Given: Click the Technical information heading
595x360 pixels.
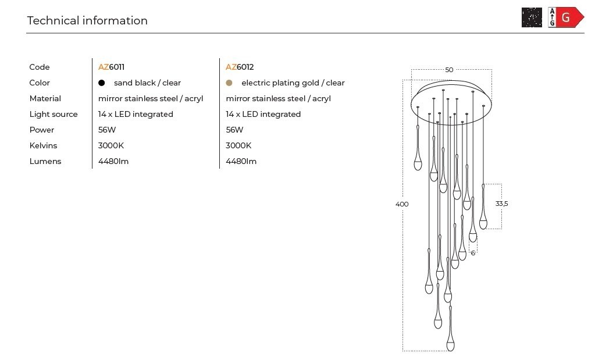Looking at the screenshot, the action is (87, 20).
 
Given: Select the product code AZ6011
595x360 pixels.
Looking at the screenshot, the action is (111, 67).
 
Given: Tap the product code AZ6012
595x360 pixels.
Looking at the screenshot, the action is (240, 67).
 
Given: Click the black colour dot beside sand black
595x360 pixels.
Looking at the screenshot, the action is (101, 83).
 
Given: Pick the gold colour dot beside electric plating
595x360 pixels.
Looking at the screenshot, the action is (229, 83).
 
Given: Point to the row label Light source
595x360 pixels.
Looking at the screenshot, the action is (54, 114).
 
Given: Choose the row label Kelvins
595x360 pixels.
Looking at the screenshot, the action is (43, 145).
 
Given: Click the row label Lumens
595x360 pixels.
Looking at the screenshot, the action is (45, 161).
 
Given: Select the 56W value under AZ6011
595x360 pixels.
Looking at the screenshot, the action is (107, 130).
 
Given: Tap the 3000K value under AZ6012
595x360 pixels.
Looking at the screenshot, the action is (238, 145).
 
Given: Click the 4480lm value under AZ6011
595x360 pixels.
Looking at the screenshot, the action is (113, 161).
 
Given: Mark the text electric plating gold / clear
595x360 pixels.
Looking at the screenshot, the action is (293, 83).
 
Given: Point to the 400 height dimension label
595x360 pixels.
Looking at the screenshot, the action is (402, 204).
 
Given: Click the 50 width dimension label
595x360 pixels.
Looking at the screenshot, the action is (449, 70).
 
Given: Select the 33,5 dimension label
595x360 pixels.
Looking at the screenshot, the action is (501, 204).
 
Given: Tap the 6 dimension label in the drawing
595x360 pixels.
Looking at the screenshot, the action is (473, 253).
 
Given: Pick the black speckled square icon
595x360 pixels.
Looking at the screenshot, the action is (532, 17).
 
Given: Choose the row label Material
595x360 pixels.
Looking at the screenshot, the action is (45, 99).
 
